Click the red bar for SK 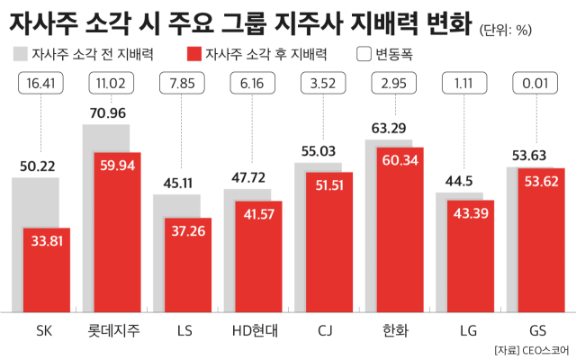click(x=47, y=270)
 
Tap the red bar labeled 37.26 click(x=188, y=265)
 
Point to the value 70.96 click(x=105, y=114)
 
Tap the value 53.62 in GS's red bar click(x=541, y=184)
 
